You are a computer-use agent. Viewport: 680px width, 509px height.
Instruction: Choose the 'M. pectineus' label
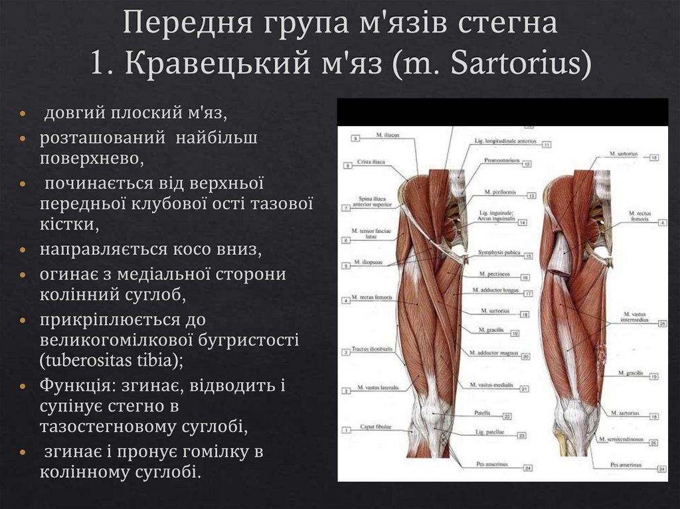pos(493,274)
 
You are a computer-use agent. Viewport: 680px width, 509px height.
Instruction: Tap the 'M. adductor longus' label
pos(496,290)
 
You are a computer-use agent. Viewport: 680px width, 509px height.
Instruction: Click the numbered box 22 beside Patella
pos(507,416)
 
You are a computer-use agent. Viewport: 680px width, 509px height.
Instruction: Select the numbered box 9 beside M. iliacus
pos(356,137)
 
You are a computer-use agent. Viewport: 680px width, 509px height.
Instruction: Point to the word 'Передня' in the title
pos(183,24)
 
